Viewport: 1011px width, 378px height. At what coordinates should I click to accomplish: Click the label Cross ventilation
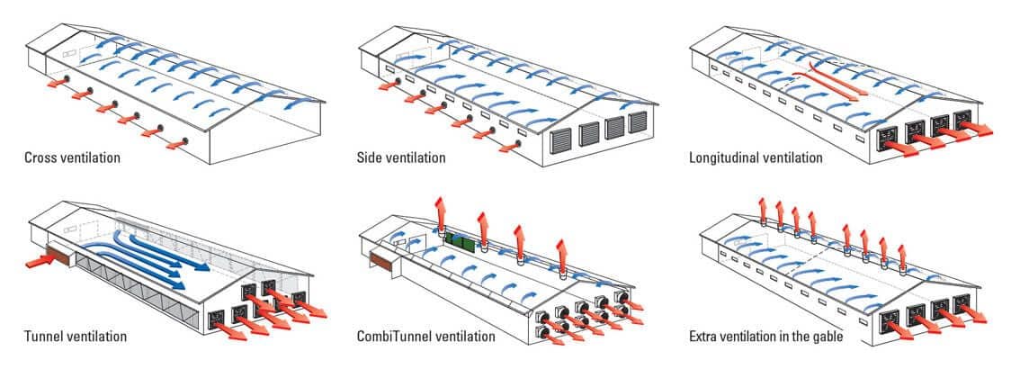pos(72,157)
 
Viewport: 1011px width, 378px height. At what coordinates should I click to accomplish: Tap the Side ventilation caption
pos(401,157)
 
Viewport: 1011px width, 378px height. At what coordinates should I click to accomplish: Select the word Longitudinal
pos(726,157)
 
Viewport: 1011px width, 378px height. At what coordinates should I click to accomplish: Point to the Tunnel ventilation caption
pos(76,337)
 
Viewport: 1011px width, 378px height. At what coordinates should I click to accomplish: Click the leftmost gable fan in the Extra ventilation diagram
pos(890,319)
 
